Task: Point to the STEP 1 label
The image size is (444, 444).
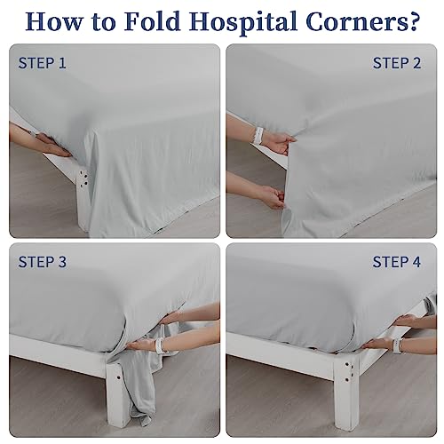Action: click(x=42, y=63)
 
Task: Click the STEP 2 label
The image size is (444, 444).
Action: click(x=397, y=63)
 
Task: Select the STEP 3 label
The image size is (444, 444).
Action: click(x=43, y=262)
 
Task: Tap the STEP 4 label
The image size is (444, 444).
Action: click(x=396, y=262)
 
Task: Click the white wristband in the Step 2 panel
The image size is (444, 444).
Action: click(x=259, y=136)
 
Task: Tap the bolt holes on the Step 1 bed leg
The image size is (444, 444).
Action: click(x=83, y=179)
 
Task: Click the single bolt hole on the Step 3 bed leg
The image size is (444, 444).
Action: click(x=118, y=378)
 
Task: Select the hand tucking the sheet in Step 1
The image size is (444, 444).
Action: click(x=53, y=145)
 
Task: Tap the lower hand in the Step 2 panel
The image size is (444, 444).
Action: click(x=273, y=197)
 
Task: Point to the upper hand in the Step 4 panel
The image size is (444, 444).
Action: click(x=408, y=321)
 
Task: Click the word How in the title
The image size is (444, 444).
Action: click(x=53, y=21)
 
